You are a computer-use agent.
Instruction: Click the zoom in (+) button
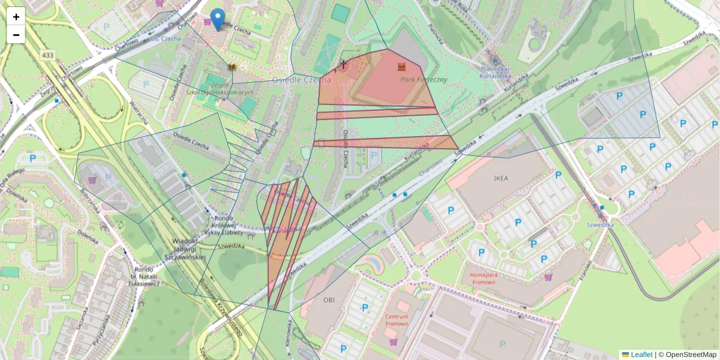point(16,17)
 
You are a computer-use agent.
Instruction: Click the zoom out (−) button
point(16,35)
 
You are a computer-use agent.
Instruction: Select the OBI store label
point(329,299)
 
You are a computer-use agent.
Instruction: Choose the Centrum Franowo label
point(397,320)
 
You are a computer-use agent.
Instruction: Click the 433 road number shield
point(49,55)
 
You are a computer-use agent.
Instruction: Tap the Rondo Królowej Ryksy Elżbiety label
point(223,225)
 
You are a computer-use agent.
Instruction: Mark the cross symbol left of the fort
point(343,64)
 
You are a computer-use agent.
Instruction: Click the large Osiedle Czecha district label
point(301,80)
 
